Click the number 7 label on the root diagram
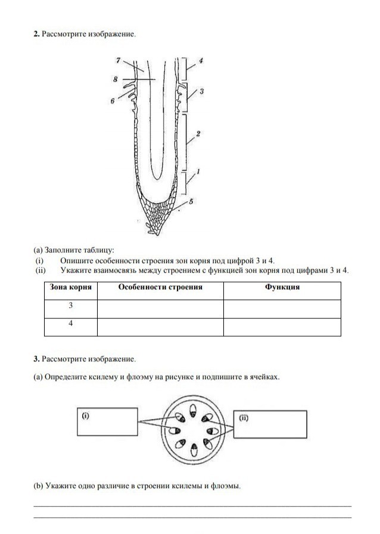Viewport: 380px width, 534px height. [119, 60]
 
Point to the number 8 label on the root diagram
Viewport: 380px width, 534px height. [116, 78]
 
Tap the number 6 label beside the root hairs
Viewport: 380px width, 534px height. [113, 101]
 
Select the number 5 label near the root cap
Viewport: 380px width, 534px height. [191, 202]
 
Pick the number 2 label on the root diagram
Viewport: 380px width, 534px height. [198, 135]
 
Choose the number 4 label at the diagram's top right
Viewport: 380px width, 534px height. [201, 60]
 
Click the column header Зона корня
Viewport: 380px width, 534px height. [71, 287]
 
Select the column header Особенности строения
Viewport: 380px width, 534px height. [160, 287]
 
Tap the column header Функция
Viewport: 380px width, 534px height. [282, 287]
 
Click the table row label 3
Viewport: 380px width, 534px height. [71, 305]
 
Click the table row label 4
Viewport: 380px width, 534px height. [71, 324]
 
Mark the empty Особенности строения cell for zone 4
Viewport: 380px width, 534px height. [160, 327]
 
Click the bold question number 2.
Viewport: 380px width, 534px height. [37, 34]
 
